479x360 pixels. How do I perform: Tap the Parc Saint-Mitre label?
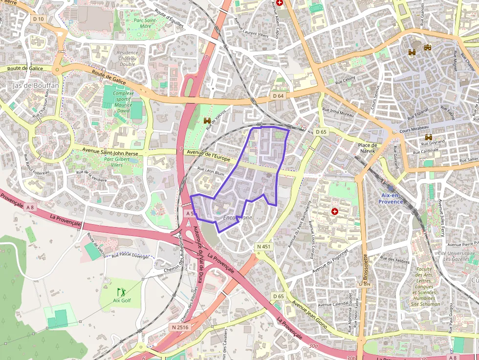(x=144, y=23)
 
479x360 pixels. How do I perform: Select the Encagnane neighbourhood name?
(x=238, y=217)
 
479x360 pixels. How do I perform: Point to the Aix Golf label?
(x=122, y=300)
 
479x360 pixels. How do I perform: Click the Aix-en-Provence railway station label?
(x=392, y=198)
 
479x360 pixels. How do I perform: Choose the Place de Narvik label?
(x=368, y=148)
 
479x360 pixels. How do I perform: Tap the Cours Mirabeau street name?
(x=415, y=131)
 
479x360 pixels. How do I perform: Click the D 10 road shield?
(x=38, y=19)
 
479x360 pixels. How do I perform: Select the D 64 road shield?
(x=278, y=96)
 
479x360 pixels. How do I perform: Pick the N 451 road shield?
(x=263, y=247)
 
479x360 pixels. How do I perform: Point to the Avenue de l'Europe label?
(x=208, y=156)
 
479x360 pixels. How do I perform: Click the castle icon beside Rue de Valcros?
(x=206, y=120)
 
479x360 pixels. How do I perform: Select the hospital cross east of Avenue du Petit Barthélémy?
(x=335, y=212)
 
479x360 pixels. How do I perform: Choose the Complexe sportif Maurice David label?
(x=123, y=102)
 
